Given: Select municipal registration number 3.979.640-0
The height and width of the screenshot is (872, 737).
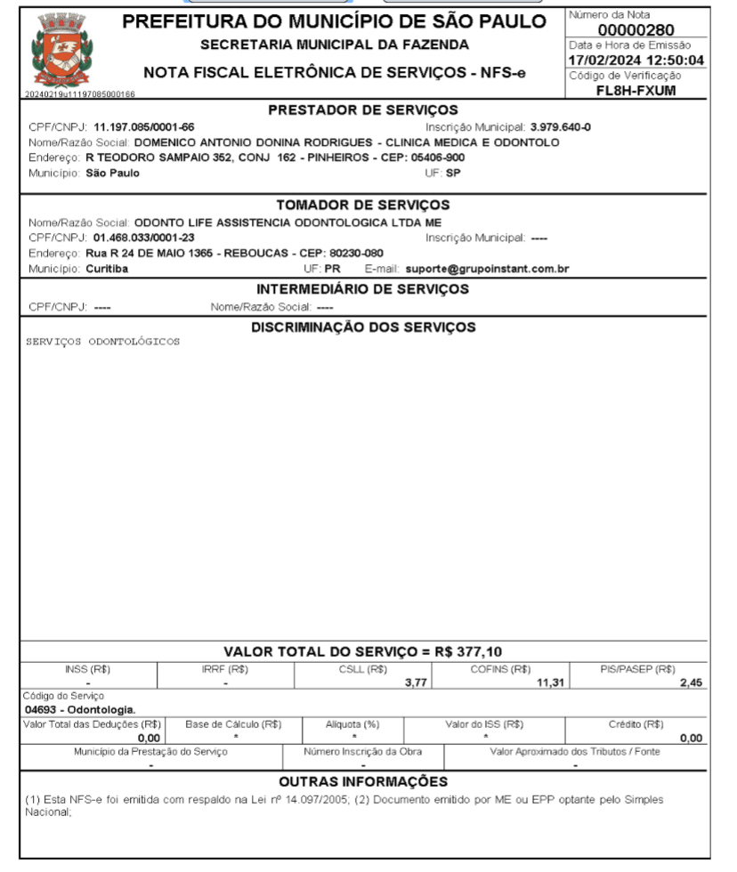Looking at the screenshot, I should [561, 127].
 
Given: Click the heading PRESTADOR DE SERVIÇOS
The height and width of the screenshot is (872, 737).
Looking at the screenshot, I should [362, 110].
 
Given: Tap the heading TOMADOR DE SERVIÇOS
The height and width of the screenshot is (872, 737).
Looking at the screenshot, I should [362, 206].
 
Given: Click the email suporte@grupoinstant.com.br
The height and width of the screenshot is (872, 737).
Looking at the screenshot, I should [487, 269].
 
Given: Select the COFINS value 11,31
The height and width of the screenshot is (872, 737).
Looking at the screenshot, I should [544, 682].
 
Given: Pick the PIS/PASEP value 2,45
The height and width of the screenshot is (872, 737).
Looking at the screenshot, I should [691, 682].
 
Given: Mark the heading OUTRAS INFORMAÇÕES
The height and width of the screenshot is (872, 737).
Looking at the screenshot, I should [362, 781].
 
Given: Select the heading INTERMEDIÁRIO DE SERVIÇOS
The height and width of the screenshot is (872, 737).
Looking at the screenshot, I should [362, 289].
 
